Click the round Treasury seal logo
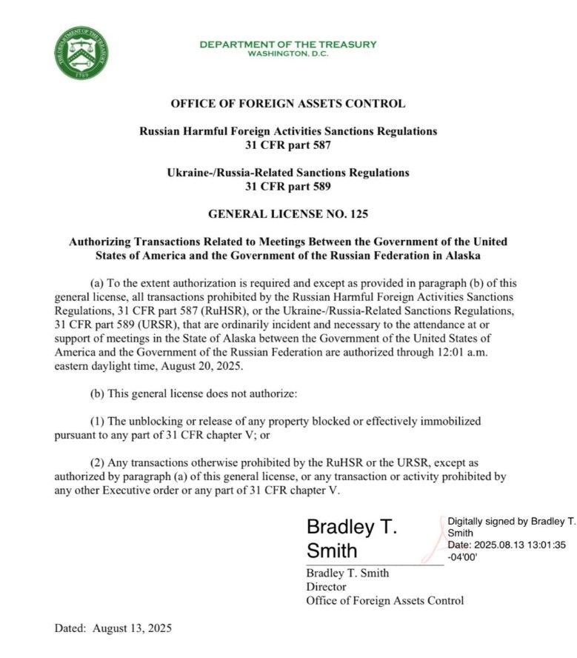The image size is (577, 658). (81, 53)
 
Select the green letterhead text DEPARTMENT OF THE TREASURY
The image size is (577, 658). (288, 44)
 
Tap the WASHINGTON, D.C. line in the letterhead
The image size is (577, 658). (288, 54)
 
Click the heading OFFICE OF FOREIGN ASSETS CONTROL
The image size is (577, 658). (288, 104)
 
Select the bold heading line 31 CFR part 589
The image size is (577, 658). (288, 187)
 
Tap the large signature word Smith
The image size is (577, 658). (332, 551)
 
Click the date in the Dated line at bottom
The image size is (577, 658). (132, 628)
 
